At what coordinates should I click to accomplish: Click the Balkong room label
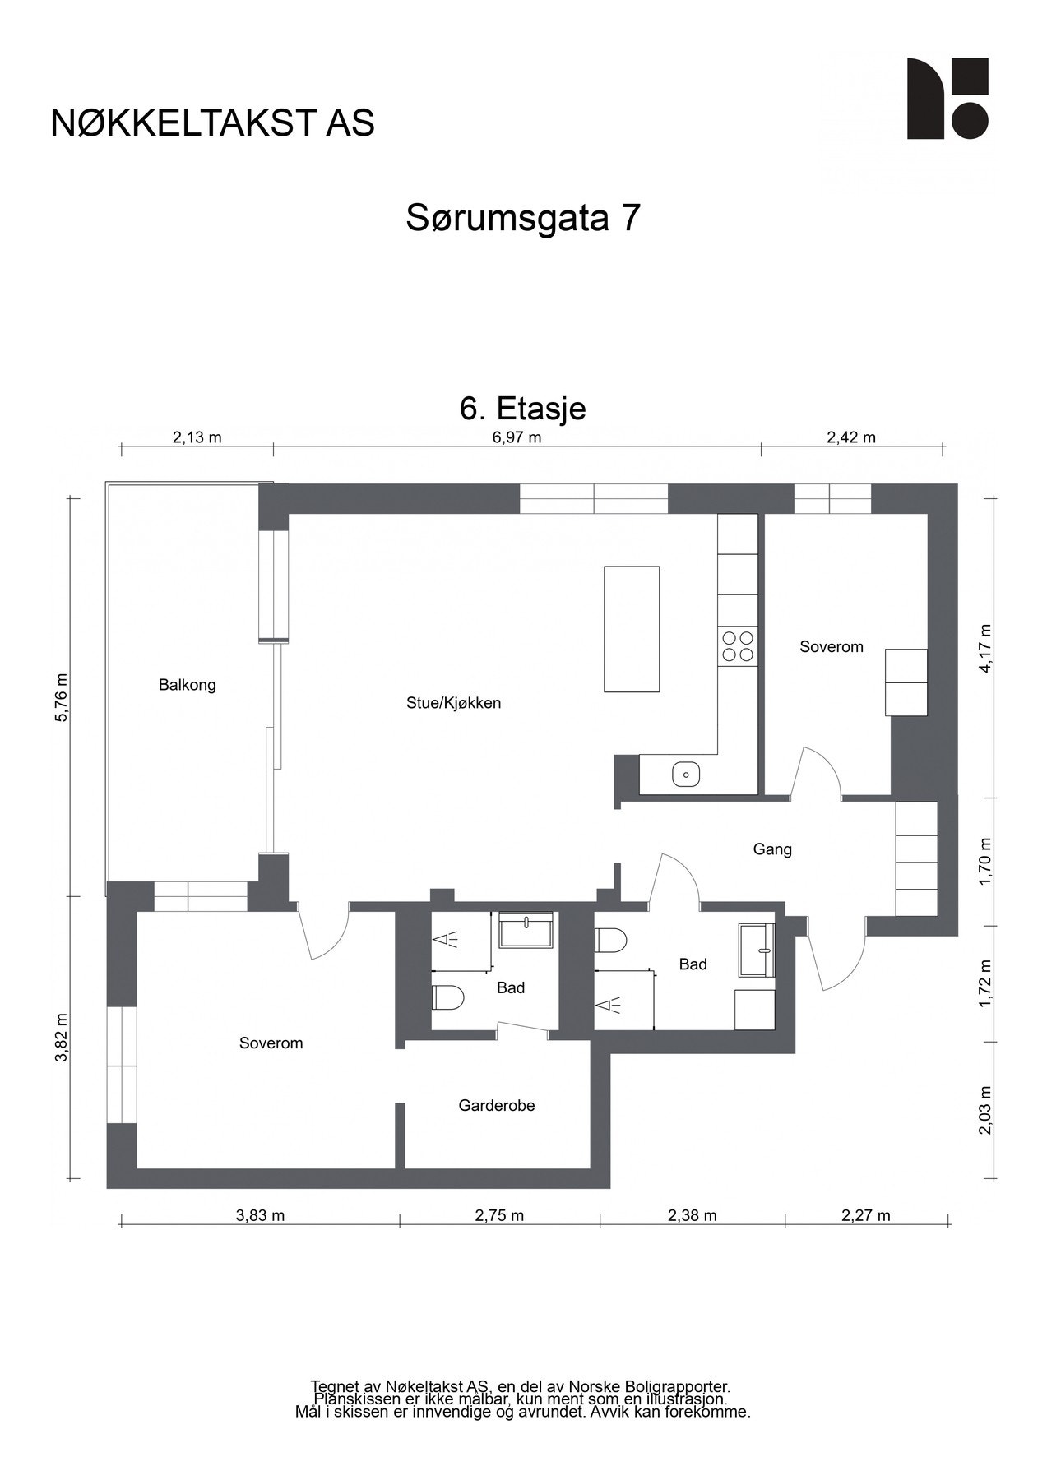pyautogui.click(x=187, y=685)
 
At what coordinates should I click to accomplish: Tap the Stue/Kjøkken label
pyautogui.click(x=453, y=703)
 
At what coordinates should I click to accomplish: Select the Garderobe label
pyautogui.click(x=497, y=1106)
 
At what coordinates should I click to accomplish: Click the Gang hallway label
pyautogui.click(x=772, y=849)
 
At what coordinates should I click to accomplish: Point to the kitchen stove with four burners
pyautogui.click(x=738, y=645)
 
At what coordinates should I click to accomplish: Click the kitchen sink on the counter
pyautogui.click(x=685, y=774)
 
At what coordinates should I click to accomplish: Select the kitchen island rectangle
pyautogui.click(x=631, y=629)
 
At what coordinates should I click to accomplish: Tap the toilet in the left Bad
pyautogui.click(x=447, y=997)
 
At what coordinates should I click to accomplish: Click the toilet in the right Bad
pyautogui.click(x=611, y=940)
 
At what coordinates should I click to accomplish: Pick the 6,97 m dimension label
pyautogui.click(x=517, y=437)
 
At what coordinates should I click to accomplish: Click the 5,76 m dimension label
pyautogui.click(x=61, y=698)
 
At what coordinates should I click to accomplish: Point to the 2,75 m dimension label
pyautogui.click(x=499, y=1216)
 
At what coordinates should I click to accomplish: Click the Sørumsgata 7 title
pyautogui.click(x=523, y=219)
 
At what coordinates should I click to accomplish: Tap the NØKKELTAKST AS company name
pyautogui.click(x=213, y=123)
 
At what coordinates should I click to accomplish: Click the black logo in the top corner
pyautogui.click(x=947, y=99)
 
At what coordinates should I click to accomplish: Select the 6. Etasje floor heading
pyautogui.click(x=523, y=409)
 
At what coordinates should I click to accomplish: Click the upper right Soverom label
pyautogui.click(x=832, y=647)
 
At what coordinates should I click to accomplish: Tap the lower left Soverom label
pyautogui.click(x=271, y=1043)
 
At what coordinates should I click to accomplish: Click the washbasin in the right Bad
pyautogui.click(x=757, y=950)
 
